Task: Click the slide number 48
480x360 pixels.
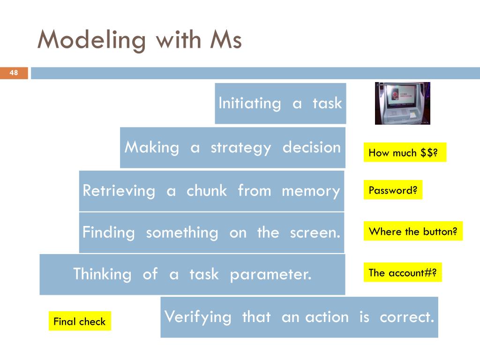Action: (x=14, y=73)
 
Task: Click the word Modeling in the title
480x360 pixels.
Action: (x=91, y=40)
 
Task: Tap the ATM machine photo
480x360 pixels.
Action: (x=402, y=103)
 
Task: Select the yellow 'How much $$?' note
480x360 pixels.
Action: (x=405, y=153)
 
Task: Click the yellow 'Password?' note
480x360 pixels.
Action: (x=393, y=190)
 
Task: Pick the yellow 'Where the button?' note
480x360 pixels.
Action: (x=413, y=231)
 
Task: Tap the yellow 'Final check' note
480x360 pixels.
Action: (x=80, y=321)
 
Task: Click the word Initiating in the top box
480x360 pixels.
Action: (x=250, y=103)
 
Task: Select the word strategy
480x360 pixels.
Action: (x=241, y=148)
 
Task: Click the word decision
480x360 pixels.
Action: (x=312, y=147)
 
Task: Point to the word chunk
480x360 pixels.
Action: (x=207, y=191)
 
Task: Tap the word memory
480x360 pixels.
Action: (x=311, y=191)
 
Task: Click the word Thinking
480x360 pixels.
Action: (x=102, y=274)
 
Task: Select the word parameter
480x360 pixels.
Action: (x=270, y=274)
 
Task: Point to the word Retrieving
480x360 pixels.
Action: (x=119, y=191)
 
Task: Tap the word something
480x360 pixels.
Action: (x=182, y=232)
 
